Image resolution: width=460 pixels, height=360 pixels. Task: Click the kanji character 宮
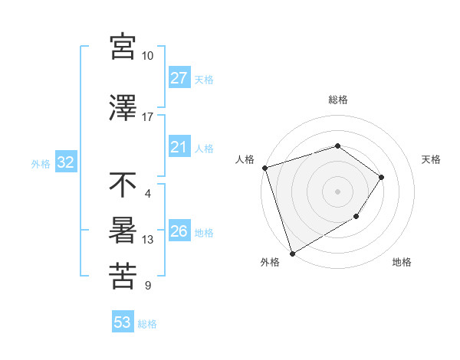(123, 47)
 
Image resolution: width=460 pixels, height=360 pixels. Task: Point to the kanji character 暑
(123, 231)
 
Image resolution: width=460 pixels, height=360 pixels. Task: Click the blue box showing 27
(179, 78)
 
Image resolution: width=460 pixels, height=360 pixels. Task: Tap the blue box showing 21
(179, 147)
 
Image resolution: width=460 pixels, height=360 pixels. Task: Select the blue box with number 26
(179, 231)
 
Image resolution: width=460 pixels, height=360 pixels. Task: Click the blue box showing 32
(65, 162)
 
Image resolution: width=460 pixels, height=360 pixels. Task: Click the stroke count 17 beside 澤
(148, 117)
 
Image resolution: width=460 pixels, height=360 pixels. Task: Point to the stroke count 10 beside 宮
(148, 56)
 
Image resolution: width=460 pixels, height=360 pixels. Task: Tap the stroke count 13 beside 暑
(148, 240)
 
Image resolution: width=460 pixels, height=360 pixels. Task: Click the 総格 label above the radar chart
(337, 100)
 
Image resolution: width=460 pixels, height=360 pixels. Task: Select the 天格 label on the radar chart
(432, 159)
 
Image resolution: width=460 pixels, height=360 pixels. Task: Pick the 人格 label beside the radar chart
(245, 159)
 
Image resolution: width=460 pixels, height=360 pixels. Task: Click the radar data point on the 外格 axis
(292, 253)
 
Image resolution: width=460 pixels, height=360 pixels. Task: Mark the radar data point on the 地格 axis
(356, 217)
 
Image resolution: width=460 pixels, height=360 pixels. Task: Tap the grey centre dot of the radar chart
(337, 191)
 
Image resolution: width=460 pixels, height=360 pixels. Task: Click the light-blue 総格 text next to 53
(147, 324)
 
